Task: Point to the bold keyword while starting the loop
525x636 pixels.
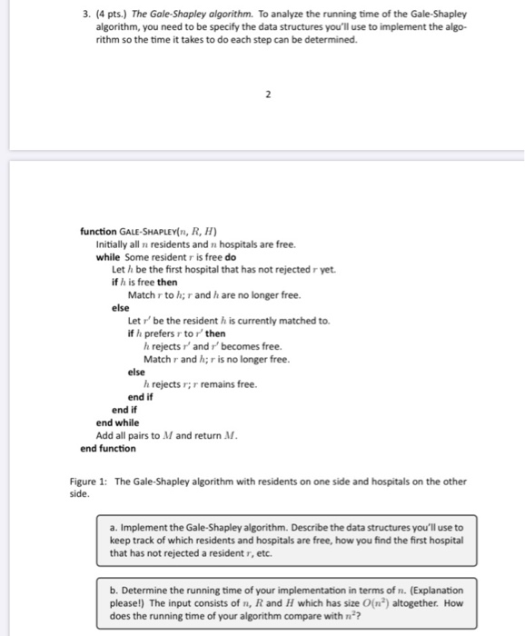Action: click(108, 257)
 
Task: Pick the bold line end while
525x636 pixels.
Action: click(117, 422)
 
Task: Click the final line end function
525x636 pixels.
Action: click(107, 448)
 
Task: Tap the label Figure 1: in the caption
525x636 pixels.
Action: click(91, 482)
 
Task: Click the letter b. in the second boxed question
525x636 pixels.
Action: click(114, 590)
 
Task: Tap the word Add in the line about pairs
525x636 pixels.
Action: click(104, 435)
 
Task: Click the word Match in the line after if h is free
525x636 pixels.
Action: click(141, 295)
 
